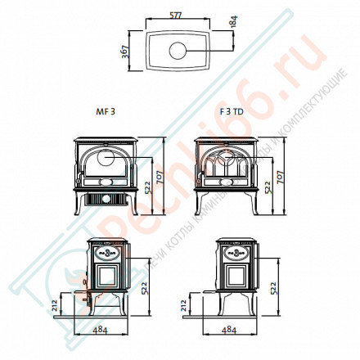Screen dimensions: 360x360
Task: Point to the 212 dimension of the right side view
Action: tap(182, 306)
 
